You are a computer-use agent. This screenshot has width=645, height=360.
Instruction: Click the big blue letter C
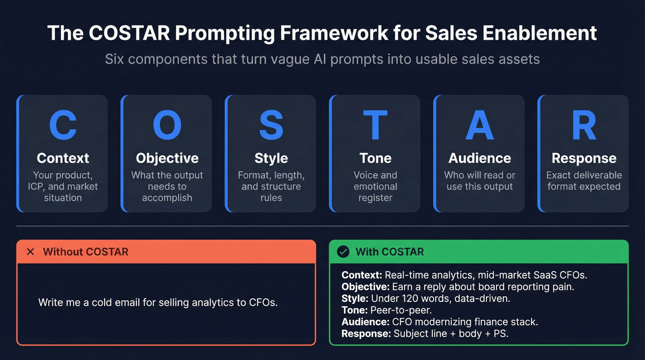[63, 125]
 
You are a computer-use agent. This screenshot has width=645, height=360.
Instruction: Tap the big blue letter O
[167, 125]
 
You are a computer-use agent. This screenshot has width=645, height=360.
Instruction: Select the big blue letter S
[271, 125]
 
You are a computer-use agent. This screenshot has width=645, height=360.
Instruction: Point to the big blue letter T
[375, 125]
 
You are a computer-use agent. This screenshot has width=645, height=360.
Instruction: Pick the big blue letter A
[480, 125]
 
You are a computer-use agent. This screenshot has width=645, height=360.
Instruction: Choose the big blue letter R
[584, 125]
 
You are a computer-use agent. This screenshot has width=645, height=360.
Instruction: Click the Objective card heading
[167, 158]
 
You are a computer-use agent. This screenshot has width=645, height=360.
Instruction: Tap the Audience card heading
[480, 158]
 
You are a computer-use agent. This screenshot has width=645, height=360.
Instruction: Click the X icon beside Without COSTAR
[30, 252]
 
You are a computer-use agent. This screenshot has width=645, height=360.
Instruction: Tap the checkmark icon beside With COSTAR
[343, 252]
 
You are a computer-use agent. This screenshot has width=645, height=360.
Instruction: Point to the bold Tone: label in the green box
[355, 310]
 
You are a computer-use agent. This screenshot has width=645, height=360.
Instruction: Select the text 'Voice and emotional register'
[375, 186]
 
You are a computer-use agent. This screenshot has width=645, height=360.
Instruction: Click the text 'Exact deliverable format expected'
[584, 181]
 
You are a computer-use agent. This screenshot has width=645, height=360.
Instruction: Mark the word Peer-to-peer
[401, 310]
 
